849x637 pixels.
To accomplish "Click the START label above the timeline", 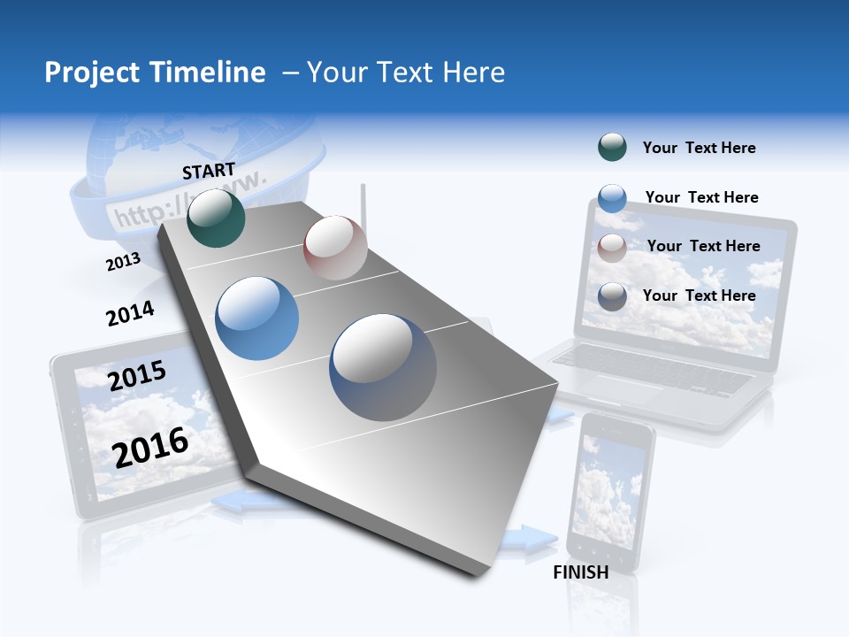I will click(209, 170).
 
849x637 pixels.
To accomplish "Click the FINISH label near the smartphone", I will click(581, 572).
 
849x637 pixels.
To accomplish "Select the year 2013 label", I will click(123, 262).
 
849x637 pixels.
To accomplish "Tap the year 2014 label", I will click(130, 314).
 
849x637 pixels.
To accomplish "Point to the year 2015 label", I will click(137, 376).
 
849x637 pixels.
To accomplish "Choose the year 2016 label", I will click(150, 447).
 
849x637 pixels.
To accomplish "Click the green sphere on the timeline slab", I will click(217, 218).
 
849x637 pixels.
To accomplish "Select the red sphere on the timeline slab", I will click(335, 248).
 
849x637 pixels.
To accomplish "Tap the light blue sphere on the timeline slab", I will click(257, 318).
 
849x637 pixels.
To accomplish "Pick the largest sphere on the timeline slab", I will click(383, 367).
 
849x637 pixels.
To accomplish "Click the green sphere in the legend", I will click(612, 148).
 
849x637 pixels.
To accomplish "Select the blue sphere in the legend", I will click(612, 198).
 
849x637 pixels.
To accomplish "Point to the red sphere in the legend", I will click(612, 248).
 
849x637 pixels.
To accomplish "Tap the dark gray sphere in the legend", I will click(612, 296).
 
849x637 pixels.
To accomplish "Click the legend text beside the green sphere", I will click(699, 148).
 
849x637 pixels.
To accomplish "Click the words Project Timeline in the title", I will click(155, 73).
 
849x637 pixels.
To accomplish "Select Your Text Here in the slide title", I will click(405, 73).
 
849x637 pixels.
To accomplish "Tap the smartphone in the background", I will click(610, 491).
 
